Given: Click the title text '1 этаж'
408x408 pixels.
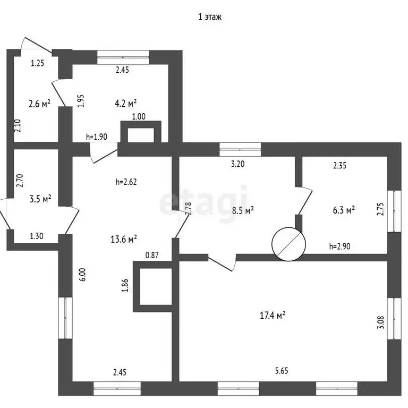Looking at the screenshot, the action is [x=210, y=17].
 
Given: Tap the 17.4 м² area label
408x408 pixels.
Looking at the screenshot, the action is [x=273, y=316].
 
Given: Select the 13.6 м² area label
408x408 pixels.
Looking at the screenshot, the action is [x=124, y=239].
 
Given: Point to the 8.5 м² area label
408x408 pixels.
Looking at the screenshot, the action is [x=243, y=210].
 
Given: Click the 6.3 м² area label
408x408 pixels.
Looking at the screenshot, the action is [x=344, y=210].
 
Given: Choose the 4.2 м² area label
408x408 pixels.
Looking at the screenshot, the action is [x=126, y=103].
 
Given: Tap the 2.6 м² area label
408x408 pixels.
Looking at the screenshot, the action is [x=39, y=104].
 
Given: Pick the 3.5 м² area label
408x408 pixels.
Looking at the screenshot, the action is [x=40, y=199].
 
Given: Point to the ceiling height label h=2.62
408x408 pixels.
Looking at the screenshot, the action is [x=126, y=182].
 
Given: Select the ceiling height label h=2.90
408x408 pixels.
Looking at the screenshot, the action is [x=339, y=246].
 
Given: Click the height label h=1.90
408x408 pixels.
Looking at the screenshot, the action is [x=97, y=137].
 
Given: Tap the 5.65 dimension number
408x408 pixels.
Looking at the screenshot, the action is [x=282, y=370].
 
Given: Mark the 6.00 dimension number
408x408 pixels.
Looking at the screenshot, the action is [x=82, y=275].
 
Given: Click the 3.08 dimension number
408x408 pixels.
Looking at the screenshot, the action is [x=380, y=322].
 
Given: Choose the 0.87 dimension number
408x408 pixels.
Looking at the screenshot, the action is [x=152, y=255].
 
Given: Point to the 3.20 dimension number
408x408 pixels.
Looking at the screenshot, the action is [x=238, y=164].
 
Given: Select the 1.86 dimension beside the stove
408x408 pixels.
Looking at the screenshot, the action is [x=125, y=285].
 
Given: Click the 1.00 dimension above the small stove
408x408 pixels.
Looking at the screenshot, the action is [x=139, y=116].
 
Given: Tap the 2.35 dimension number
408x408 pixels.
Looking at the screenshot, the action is [x=339, y=166].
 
